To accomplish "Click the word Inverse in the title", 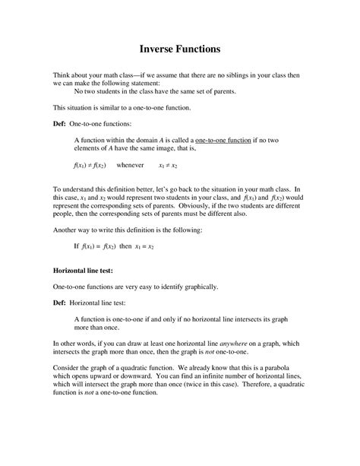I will [157, 49].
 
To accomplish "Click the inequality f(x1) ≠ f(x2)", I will [90, 164].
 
